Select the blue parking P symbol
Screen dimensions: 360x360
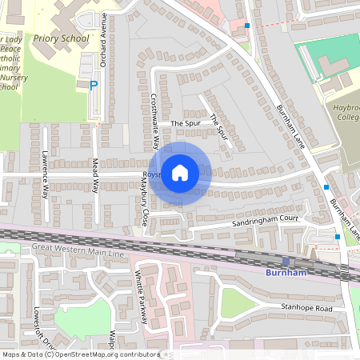coord(93,85)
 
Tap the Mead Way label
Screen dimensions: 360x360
coord(95,175)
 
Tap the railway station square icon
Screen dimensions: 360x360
coord(286,261)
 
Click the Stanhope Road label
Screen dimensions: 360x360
coord(307,307)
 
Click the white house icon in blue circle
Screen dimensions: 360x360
coord(180,172)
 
